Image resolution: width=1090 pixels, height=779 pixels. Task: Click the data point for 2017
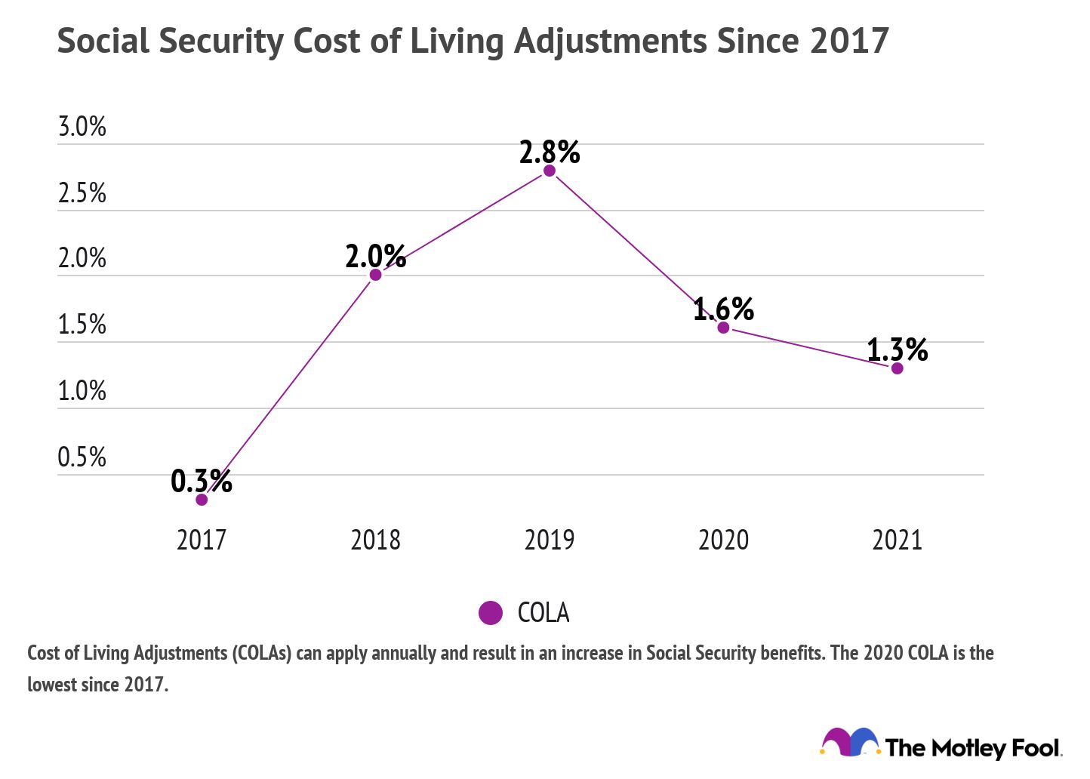point(202,499)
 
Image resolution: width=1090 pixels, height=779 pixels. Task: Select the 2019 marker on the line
point(550,171)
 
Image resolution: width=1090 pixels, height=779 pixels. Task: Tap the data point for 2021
point(897,368)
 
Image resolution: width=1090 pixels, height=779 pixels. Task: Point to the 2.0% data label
point(375,257)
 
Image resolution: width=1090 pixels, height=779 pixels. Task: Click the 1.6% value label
point(723,309)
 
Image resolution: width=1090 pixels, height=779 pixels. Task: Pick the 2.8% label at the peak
point(550,152)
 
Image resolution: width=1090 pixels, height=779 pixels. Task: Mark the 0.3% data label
point(201,481)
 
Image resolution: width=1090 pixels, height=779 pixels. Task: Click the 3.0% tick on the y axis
point(82,127)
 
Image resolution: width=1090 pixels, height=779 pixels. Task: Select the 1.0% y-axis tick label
point(82,391)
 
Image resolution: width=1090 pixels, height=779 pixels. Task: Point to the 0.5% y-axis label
point(82,457)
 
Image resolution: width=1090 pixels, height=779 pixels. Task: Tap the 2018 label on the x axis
point(375,540)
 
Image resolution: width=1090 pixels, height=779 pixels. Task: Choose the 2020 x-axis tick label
point(723,540)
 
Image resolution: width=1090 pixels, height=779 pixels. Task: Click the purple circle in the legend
point(491,613)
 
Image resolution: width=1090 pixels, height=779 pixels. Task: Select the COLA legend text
point(543,613)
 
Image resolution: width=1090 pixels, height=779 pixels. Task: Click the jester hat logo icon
point(850,743)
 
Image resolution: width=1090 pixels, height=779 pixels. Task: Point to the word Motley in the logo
point(968,748)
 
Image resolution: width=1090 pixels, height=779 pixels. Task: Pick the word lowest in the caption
point(52,685)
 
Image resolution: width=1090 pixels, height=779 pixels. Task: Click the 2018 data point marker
point(375,275)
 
